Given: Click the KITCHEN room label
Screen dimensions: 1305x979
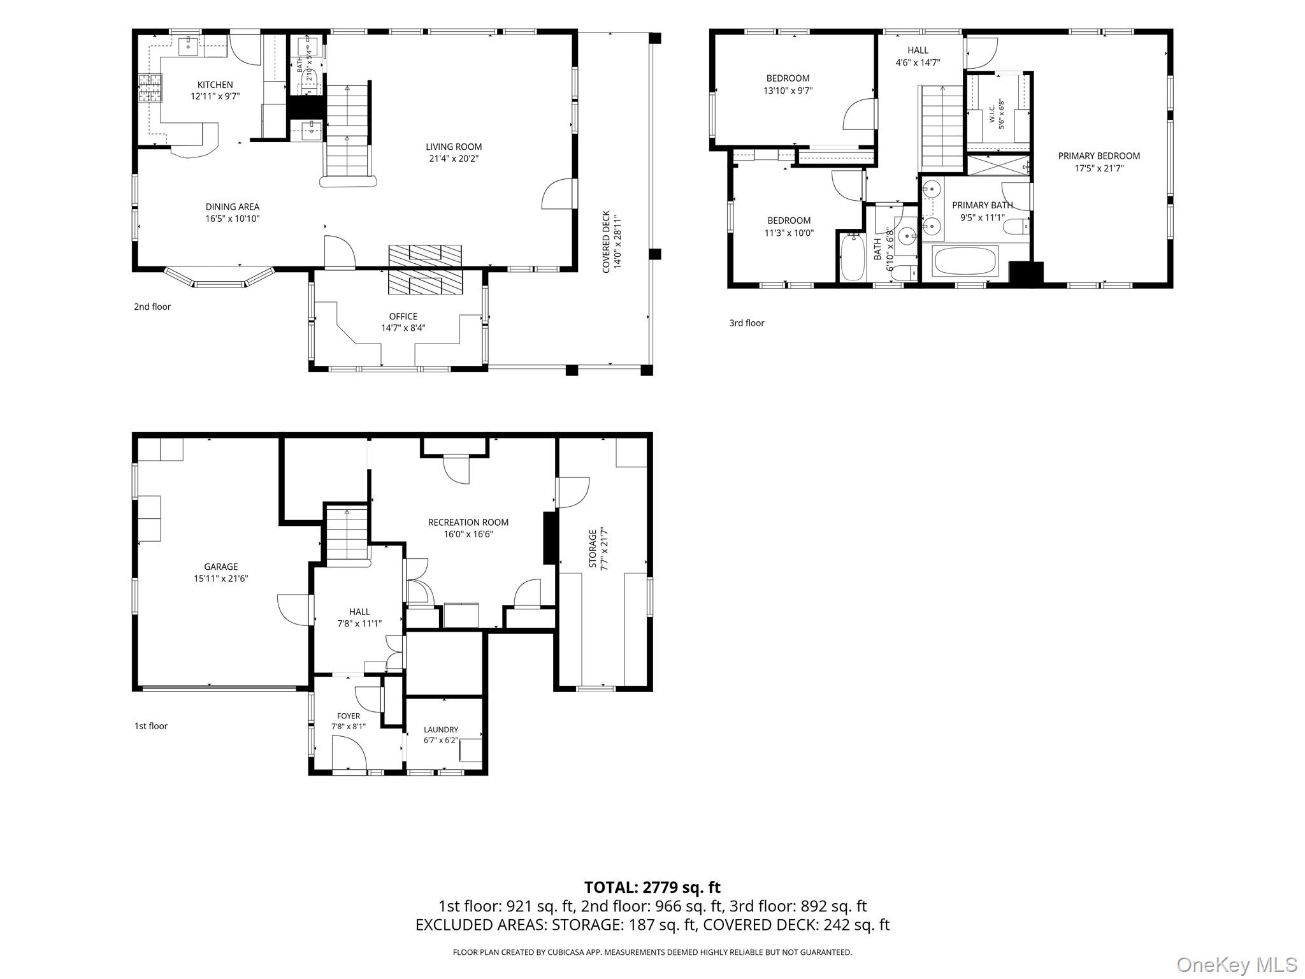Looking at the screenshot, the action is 215,85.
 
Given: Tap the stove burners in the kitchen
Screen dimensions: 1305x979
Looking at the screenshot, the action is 150,88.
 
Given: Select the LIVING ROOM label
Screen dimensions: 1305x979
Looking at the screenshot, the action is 454,147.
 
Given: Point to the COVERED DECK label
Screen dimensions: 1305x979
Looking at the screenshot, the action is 606,242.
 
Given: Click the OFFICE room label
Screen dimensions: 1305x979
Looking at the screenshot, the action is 403,316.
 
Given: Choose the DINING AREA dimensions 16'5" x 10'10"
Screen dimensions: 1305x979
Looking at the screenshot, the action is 233,219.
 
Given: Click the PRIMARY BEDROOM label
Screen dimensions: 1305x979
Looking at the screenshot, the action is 1099,156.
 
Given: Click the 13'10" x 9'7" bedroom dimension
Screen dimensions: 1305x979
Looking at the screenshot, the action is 788,91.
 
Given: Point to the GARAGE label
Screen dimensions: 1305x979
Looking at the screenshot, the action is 221,567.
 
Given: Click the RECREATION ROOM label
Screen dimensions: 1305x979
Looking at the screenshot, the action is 468,522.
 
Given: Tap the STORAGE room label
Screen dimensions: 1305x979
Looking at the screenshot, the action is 593,548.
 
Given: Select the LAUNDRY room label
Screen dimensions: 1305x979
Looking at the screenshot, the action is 441,730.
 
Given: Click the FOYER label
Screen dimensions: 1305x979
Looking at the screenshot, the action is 349,716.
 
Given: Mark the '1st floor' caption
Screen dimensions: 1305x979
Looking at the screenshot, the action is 151,726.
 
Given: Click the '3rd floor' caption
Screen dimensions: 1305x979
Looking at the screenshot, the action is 747,323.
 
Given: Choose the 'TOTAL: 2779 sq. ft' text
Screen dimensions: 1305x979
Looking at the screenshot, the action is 652,887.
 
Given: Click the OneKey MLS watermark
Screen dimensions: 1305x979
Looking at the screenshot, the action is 1237,964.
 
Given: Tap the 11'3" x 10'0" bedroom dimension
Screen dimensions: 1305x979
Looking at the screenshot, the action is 789,233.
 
